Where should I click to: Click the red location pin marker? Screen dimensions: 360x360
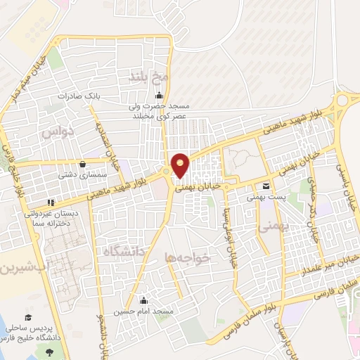(181, 165)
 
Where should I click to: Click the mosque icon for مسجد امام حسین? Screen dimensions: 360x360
(144, 300)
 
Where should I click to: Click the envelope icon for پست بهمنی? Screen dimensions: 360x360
(266, 186)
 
